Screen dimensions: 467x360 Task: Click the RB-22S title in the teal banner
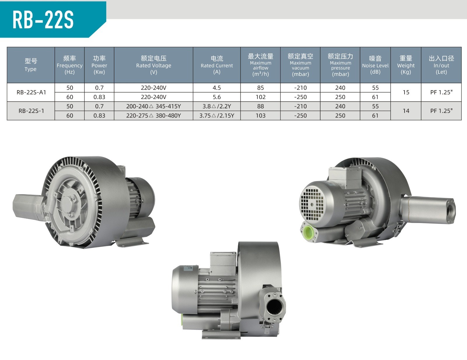click(43, 20)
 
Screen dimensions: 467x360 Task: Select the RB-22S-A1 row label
click(32, 93)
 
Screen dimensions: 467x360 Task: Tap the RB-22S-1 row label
click(32, 111)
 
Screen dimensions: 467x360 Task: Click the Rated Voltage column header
click(154, 65)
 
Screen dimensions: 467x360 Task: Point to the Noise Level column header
click(375, 65)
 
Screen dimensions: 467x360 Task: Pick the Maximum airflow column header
click(260, 65)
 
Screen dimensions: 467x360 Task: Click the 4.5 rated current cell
click(217, 88)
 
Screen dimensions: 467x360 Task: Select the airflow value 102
click(260, 97)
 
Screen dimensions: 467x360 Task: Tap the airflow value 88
click(260, 106)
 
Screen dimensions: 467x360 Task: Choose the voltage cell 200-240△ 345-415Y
click(154, 106)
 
